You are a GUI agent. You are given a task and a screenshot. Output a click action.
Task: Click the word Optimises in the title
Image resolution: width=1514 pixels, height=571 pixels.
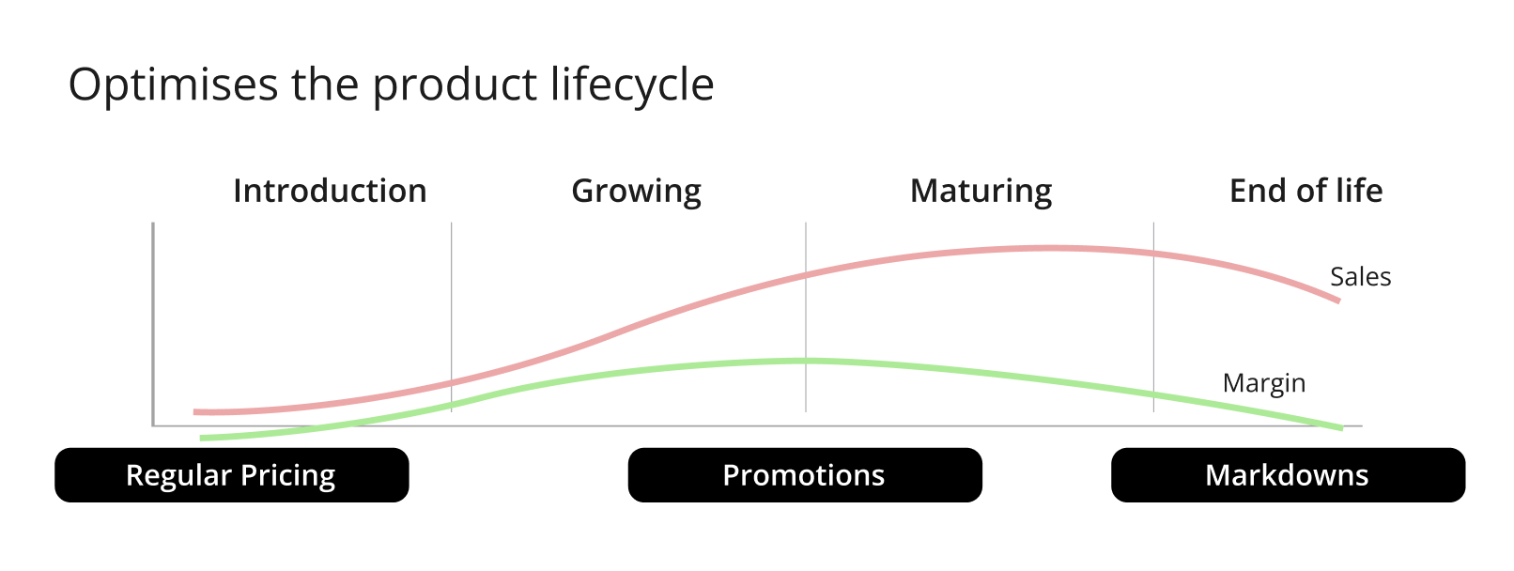pyautogui.click(x=174, y=85)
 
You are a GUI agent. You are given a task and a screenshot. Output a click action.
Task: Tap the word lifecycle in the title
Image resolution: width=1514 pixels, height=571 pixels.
pyautogui.click(x=632, y=85)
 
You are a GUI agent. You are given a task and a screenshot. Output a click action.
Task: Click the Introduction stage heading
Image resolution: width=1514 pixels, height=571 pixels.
pyautogui.click(x=330, y=191)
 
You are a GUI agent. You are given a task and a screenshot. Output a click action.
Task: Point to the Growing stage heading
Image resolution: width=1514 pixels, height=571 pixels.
pyautogui.click(x=636, y=192)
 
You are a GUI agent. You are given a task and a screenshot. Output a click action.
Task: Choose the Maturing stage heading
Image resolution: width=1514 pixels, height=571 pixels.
pyautogui.click(x=981, y=192)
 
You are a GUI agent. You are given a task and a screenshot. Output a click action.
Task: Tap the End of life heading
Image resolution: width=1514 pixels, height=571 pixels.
pyautogui.click(x=1305, y=191)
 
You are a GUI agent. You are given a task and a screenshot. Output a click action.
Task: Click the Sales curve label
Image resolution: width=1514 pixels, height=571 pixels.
pyautogui.click(x=1361, y=276)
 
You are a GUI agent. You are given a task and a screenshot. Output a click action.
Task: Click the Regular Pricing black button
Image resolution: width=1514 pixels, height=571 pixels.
pyautogui.click(x=232, y=475)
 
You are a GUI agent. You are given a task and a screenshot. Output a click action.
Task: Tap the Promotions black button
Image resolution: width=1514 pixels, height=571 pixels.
pyautogui.click(x=805, y=475)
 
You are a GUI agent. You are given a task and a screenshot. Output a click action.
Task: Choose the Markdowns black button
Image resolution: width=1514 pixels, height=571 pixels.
pyautogui.click(x=1289, y=475)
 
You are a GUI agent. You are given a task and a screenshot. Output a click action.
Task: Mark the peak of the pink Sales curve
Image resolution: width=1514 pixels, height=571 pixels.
pyautogui.click(x=1047, y=249)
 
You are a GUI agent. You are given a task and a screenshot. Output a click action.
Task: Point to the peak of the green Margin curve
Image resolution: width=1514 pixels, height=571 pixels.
pyautogui.click(x=804, y=362)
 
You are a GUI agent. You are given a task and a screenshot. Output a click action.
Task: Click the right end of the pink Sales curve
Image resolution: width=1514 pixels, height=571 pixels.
pyautogui.click(x=1339, y=301)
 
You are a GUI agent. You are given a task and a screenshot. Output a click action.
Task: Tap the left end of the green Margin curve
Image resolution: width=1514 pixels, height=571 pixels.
pyautogui.click(x=201, y=438)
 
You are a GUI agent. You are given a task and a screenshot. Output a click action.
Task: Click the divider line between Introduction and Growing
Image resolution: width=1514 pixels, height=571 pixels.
pyautogui.click(x=452, y=316)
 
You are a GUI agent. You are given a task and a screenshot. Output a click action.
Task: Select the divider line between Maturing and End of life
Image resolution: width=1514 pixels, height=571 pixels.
pyautogui.click(x=1153, y=316)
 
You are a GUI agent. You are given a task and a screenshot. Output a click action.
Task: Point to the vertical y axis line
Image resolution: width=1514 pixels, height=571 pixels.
pyautogui.click(x=153, y=324)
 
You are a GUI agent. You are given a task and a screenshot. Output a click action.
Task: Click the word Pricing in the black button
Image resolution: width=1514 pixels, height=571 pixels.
pyautogui.click(x=288, y=476)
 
